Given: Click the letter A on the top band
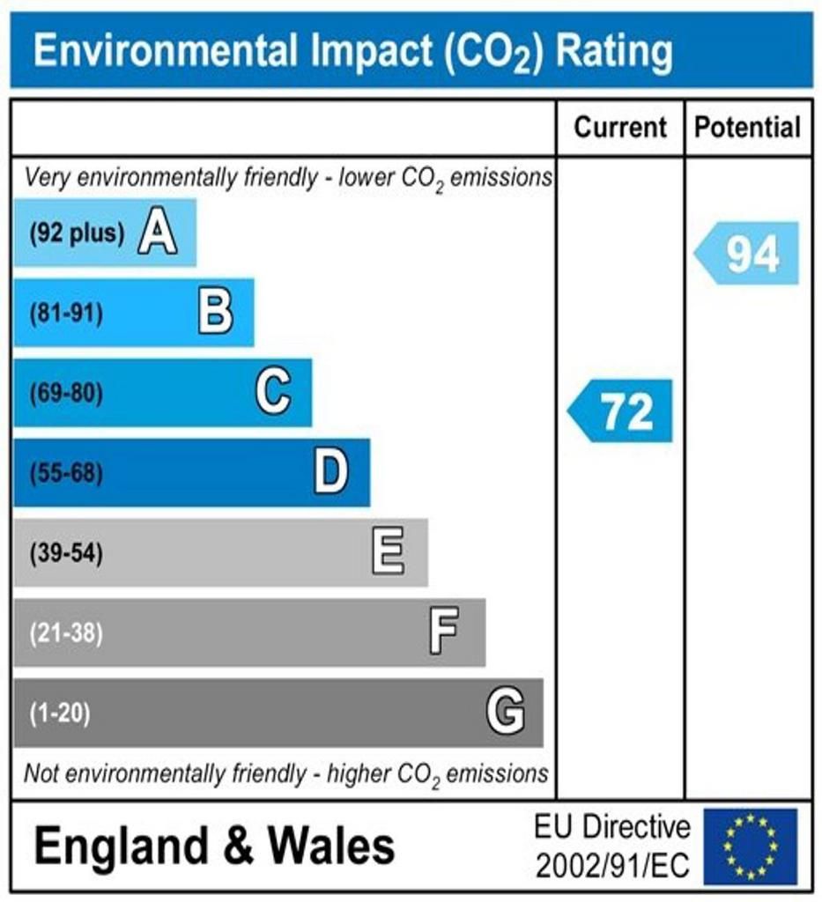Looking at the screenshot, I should click(157, 234).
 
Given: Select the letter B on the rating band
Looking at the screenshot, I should click(216, 313).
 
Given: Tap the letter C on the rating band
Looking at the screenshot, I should click(273, 393).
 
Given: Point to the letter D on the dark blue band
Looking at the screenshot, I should click(331, 473).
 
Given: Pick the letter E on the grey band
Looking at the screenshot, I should click(389, 553).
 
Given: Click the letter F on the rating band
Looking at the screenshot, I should click(444, 632).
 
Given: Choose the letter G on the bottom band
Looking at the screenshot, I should click(506, 712).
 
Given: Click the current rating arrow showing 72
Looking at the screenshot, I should click(621, 410).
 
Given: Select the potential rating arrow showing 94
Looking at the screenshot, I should click(748, 254).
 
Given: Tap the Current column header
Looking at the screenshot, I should click(620, 128).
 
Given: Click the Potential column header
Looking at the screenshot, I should click(748, 128).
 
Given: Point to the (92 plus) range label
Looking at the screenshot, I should click(77, 234).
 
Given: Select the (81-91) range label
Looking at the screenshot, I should click(66, 314).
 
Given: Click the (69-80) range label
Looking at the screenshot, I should click(66, 394).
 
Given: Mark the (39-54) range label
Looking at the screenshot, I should click(66, 554).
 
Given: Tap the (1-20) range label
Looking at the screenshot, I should click(60, 713).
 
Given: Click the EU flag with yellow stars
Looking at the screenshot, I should click(750, 847).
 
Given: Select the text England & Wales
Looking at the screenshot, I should click(214, 847).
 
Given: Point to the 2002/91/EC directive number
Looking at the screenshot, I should click(612, 866).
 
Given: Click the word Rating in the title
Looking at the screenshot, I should click(615, 51).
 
